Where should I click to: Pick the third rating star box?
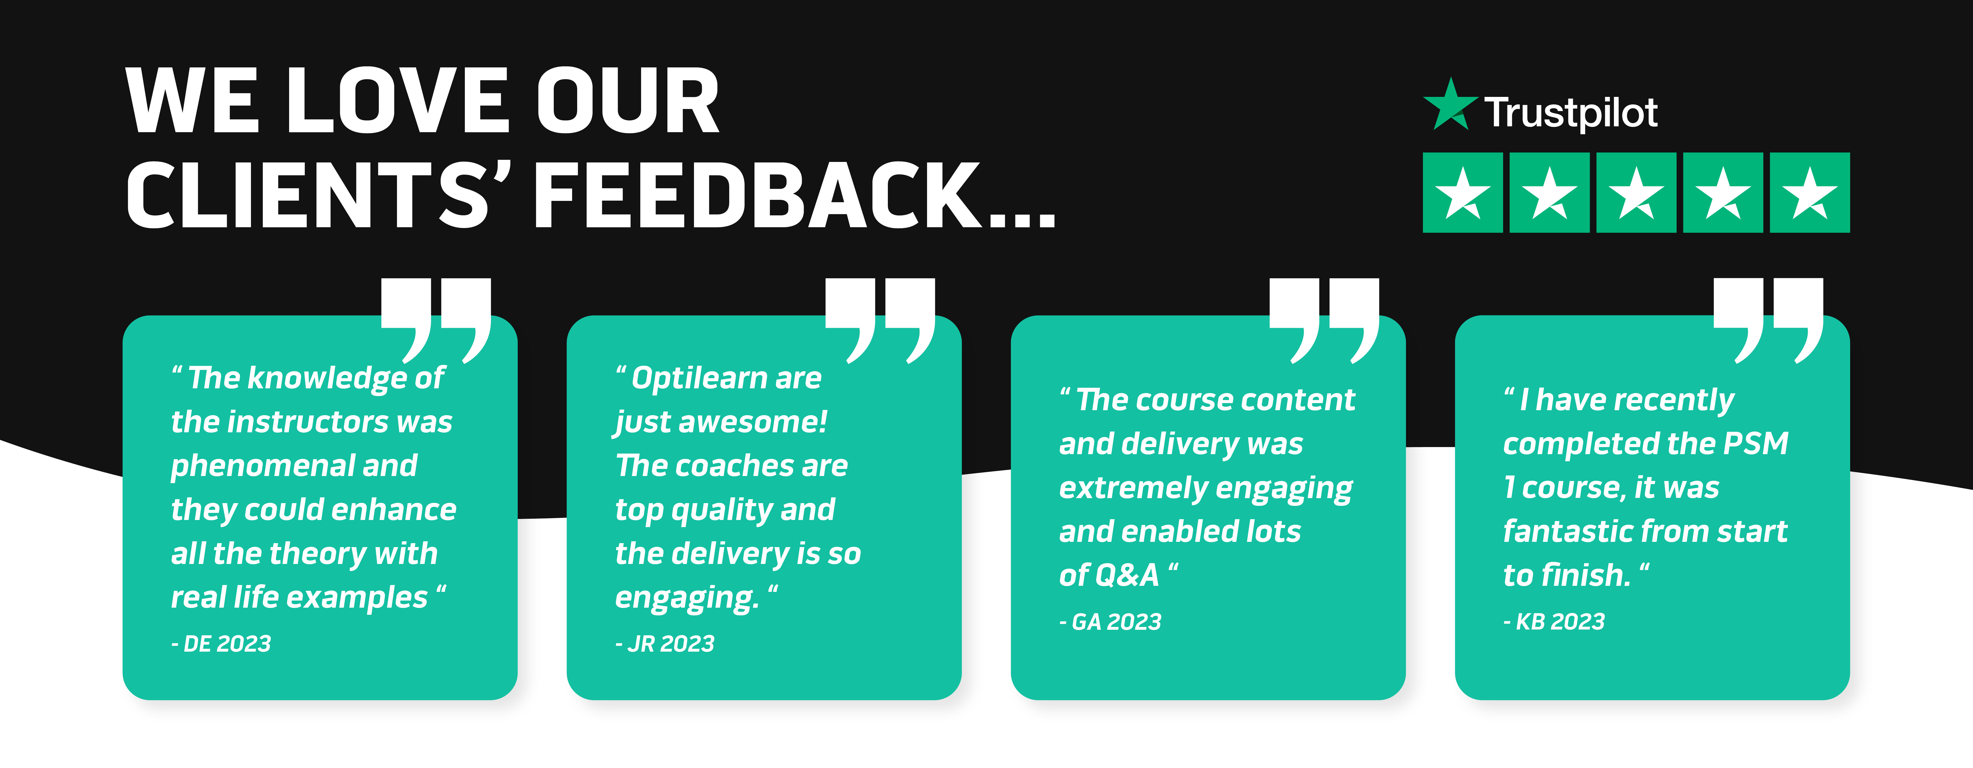click(x=1636, y=192)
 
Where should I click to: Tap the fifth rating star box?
click(x=1810, y=192)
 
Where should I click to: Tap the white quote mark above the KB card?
click(x=1769, y=320)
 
